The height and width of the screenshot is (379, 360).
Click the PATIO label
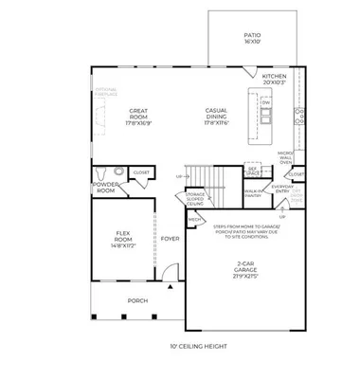[251, 37]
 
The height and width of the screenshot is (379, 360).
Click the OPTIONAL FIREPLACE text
[105, 91]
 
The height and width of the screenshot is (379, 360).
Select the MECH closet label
[193, 219]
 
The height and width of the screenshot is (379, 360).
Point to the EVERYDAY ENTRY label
[282, 189]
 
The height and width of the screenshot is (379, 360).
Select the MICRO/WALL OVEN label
[285, 156]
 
